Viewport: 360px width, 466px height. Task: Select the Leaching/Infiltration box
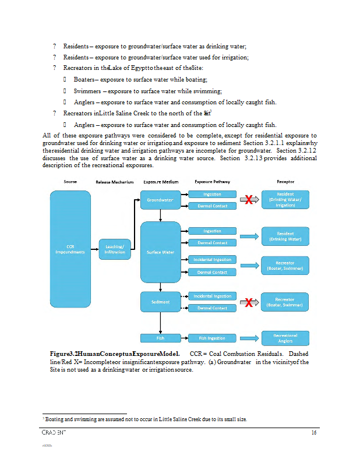(x=115, y=249)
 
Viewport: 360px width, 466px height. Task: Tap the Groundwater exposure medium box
(x=160, y=200)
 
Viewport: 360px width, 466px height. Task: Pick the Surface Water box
(x=160, y=252)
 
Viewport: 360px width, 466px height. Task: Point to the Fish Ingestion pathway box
(x=212, y=338)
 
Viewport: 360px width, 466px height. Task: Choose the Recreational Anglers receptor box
(x=285, y=338)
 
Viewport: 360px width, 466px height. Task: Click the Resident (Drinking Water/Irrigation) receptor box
(x=285, y=200)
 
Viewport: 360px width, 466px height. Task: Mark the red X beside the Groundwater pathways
(x=249, y=200)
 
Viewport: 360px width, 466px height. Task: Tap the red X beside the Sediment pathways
(x=249, y=303)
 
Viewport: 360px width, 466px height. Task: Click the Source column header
(x=70, y=182)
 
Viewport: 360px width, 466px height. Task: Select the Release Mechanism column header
(x=115, y=182)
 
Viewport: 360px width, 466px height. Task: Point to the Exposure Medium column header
(x=161, y=182)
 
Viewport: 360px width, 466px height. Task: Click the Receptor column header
(x=285, y=182)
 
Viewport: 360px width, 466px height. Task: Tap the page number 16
(x=313, y=432)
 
